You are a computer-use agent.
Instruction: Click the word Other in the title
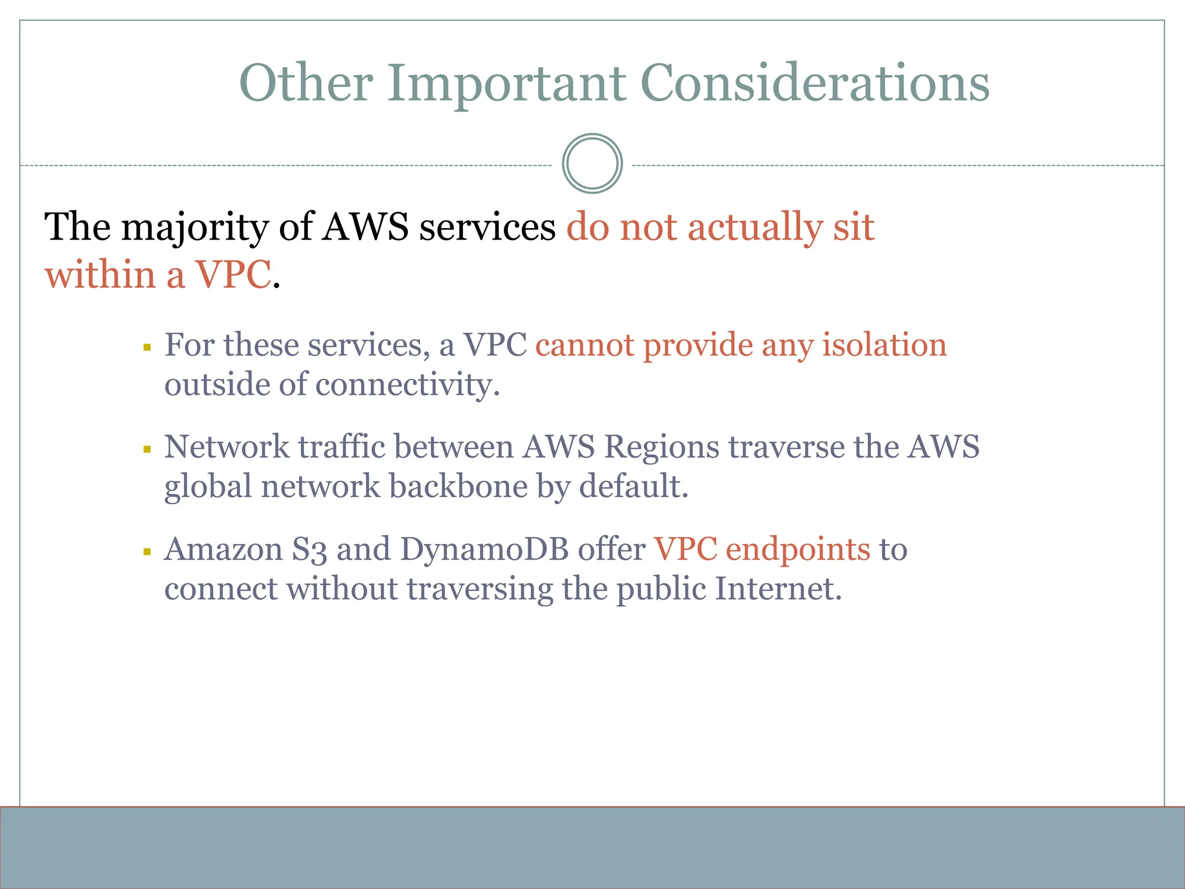click(x=306, y=83)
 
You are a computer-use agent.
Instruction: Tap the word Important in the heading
click(x=506, y=85)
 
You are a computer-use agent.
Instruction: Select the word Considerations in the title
click(x=815, y=83)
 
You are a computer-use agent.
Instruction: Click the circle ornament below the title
click(x=592, y=164)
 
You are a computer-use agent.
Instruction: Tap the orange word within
click(x=100, y=274)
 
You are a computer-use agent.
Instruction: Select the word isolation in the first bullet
click(x=884, y=346)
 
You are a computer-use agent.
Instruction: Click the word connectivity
click(x=407, y=385)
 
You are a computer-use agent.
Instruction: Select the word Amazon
click(x=223, y=549)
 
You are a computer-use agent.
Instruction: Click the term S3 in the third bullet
click(x=309, y=550)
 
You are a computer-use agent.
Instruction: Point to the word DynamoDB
click(x=484, y=549)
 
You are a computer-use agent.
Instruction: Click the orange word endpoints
click(x=798, y=550)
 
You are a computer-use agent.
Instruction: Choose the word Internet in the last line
click(x=778, y=589)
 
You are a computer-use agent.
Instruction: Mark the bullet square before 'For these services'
click(x=147, y=348)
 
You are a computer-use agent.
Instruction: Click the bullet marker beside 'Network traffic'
click(x=147, y=450)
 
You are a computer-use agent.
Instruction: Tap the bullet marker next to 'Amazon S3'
click(x=147, y=552)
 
